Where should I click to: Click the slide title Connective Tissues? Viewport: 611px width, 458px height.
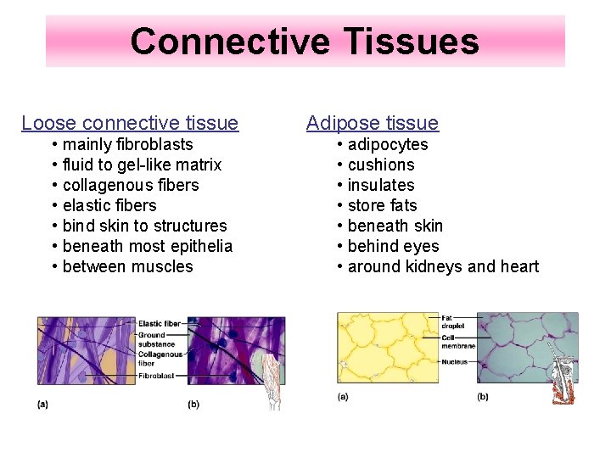point(305,41)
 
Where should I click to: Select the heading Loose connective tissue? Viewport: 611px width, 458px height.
point(130,123)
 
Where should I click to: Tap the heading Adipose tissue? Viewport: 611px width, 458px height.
point(372,123)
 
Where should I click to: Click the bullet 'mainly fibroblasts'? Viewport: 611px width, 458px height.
point(127,144)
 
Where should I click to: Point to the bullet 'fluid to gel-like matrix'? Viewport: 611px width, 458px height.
point(142,165)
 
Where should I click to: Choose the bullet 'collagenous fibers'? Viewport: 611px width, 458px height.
point(131,185)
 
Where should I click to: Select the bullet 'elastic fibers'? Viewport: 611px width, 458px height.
point(109,205)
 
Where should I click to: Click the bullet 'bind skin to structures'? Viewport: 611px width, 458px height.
point(144,226)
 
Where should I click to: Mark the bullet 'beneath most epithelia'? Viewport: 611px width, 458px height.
point(147,246)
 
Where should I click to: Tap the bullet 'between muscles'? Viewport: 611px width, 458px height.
point(127,266)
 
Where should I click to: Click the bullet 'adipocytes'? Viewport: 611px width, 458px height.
point(387,144)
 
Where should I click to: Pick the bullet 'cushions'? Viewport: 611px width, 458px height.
point(380,165)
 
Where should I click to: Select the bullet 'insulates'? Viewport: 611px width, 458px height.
point(380,185)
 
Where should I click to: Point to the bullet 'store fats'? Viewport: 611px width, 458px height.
point(382,205)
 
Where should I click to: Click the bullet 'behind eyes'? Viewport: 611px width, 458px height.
point(393,246)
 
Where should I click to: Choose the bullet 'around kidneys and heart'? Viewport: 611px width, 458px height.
point(442,266)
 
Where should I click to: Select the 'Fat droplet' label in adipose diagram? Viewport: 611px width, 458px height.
point(453,323)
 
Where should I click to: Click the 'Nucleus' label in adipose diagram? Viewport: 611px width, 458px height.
point(454,362)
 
